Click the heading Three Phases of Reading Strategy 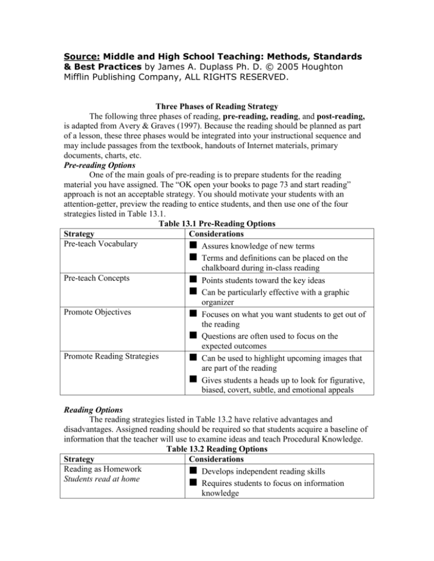pyautogui.click(x=216, y=112)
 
